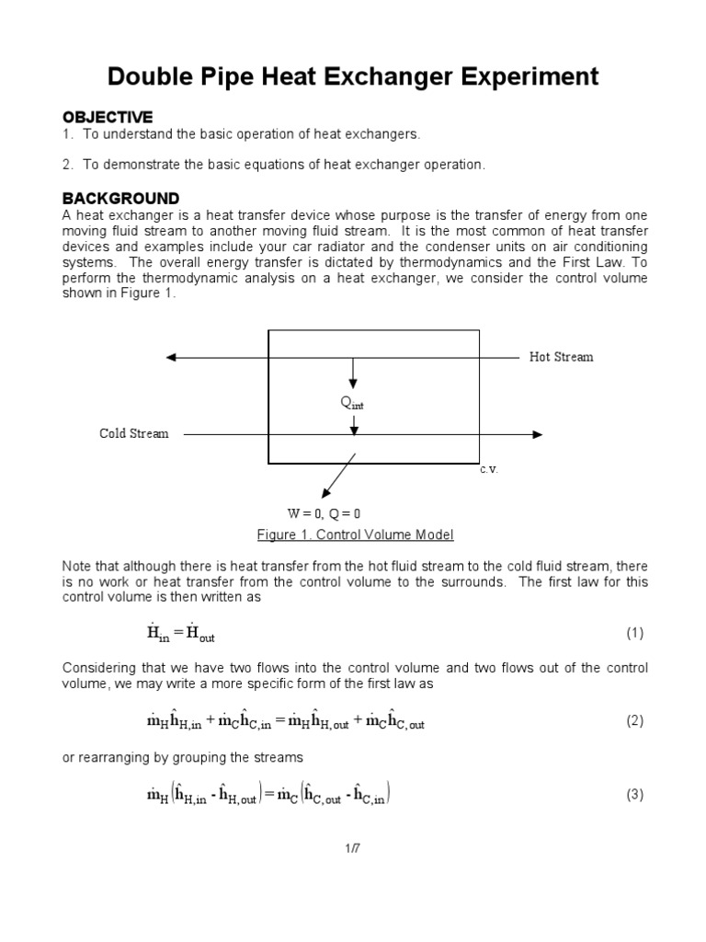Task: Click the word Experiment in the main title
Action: coord(519,75)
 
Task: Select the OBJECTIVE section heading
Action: coord(107,117)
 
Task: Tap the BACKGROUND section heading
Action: coord(120,199)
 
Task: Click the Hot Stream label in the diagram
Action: coord(561,357)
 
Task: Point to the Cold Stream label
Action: coord(134,433)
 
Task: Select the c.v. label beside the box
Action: coord(488,469)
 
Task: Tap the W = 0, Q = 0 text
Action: coord(318,513)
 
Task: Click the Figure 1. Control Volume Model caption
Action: coord(355,534)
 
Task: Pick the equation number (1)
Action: coord(635,633)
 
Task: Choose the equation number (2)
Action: coord(635,721)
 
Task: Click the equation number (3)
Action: coord(635,795)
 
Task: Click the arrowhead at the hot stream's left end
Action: coord(171,357)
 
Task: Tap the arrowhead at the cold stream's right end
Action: coord(537,434)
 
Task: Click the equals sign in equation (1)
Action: coord(178,634)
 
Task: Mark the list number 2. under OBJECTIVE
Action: coord(67,165)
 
